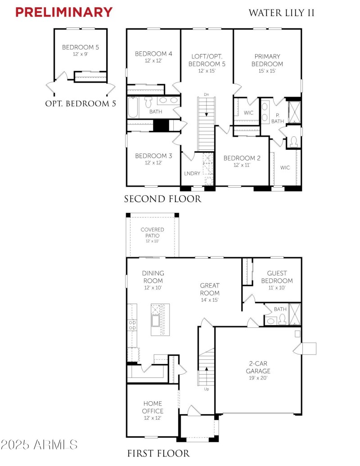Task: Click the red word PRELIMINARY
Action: tap(64, 12)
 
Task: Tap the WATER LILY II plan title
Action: tap(282, 13)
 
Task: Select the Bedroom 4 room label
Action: tap(153, 54)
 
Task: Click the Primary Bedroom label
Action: tap(267, 60)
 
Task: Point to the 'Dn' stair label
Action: tap(206, 94)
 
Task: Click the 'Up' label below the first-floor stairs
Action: tap(206, 389)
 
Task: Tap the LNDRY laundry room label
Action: tap(192, 173)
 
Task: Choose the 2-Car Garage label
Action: tap(258, 367)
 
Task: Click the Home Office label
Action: tap(153, 407)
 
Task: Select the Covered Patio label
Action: tap(152, 233)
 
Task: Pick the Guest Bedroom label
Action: tap(277, 277)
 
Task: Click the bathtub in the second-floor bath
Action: tap(133, 108)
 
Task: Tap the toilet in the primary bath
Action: tap(294, 142)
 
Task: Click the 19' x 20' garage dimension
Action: tap(258, 378)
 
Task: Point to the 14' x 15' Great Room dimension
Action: tap(210, 300)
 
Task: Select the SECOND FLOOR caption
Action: tap(162, 199)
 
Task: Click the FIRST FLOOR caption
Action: tap(158, 453)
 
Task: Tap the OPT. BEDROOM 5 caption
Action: tap(81, 104)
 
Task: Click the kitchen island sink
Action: tap(155, 321)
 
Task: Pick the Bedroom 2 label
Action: tap(242, 158)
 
